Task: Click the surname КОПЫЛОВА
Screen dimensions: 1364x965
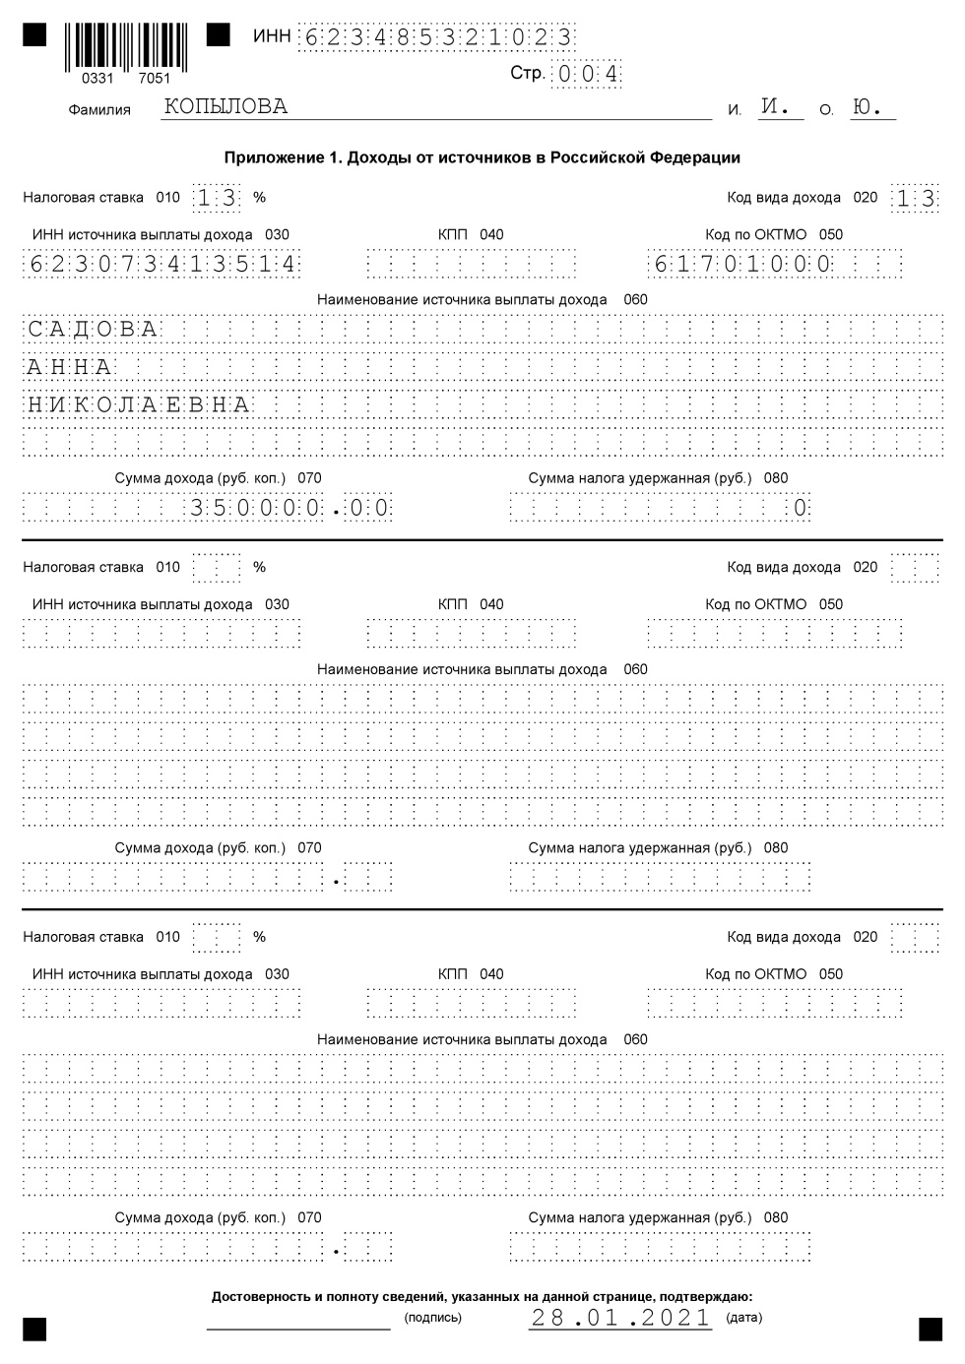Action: [226, 107]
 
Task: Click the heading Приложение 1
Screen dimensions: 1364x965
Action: [482, 157]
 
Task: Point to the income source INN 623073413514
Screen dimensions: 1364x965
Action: [162, 264]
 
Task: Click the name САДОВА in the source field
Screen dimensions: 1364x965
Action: [93, 329]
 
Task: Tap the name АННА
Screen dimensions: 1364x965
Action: [70, 367]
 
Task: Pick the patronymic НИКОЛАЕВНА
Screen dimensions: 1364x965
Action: [139, 405]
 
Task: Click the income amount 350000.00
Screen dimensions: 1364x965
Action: [290, 508]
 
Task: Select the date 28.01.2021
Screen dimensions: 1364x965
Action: [620, 1318]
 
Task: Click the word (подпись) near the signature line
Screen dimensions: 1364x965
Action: [432, 1318]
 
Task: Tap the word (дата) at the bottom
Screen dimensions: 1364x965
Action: [743, 1318]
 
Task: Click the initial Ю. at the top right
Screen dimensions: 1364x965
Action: [868, 107]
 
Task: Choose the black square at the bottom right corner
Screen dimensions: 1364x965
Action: [930, 1329]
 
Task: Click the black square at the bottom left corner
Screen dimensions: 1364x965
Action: [34, 1329]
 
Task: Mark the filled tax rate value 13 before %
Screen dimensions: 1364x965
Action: [217, 198]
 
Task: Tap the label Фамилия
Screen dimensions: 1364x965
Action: [99, 110]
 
